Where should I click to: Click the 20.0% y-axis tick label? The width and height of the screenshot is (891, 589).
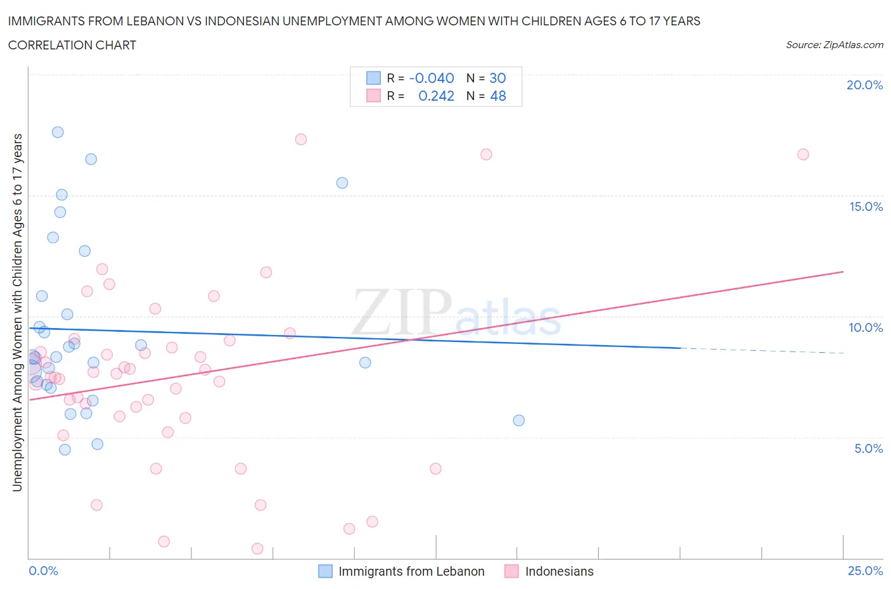[x=864, y=85]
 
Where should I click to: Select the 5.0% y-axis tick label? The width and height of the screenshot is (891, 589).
[x=868, y=448]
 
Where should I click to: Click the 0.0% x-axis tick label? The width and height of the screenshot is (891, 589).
[x=43, y=571]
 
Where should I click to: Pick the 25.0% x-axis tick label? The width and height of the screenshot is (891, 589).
[x=865, y=571]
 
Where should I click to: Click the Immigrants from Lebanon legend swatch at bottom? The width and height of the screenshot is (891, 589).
[x=325, y=571]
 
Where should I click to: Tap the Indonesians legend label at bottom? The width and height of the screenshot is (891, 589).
[x=559, y=571]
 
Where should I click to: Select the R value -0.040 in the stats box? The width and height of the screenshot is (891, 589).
[x=432, y=78]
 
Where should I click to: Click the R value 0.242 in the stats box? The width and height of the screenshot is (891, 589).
[x=436, y=96]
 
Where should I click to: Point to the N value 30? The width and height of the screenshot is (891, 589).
[x=497, y=78]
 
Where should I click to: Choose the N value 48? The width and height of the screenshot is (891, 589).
[x=497, y=96]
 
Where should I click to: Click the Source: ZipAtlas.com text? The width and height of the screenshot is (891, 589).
[x=834, y=45]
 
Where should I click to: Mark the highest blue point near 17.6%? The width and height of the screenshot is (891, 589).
[x=58, y=132]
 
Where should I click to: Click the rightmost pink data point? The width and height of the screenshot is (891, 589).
[x=803, y=155]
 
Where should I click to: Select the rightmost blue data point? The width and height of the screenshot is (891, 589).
[x=519, y=421]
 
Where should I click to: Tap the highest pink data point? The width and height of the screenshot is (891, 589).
[x=301, y=139]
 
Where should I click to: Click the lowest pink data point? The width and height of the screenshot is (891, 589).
[x=257, y=548]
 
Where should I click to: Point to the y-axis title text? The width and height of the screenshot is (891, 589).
[x=18, y=312]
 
